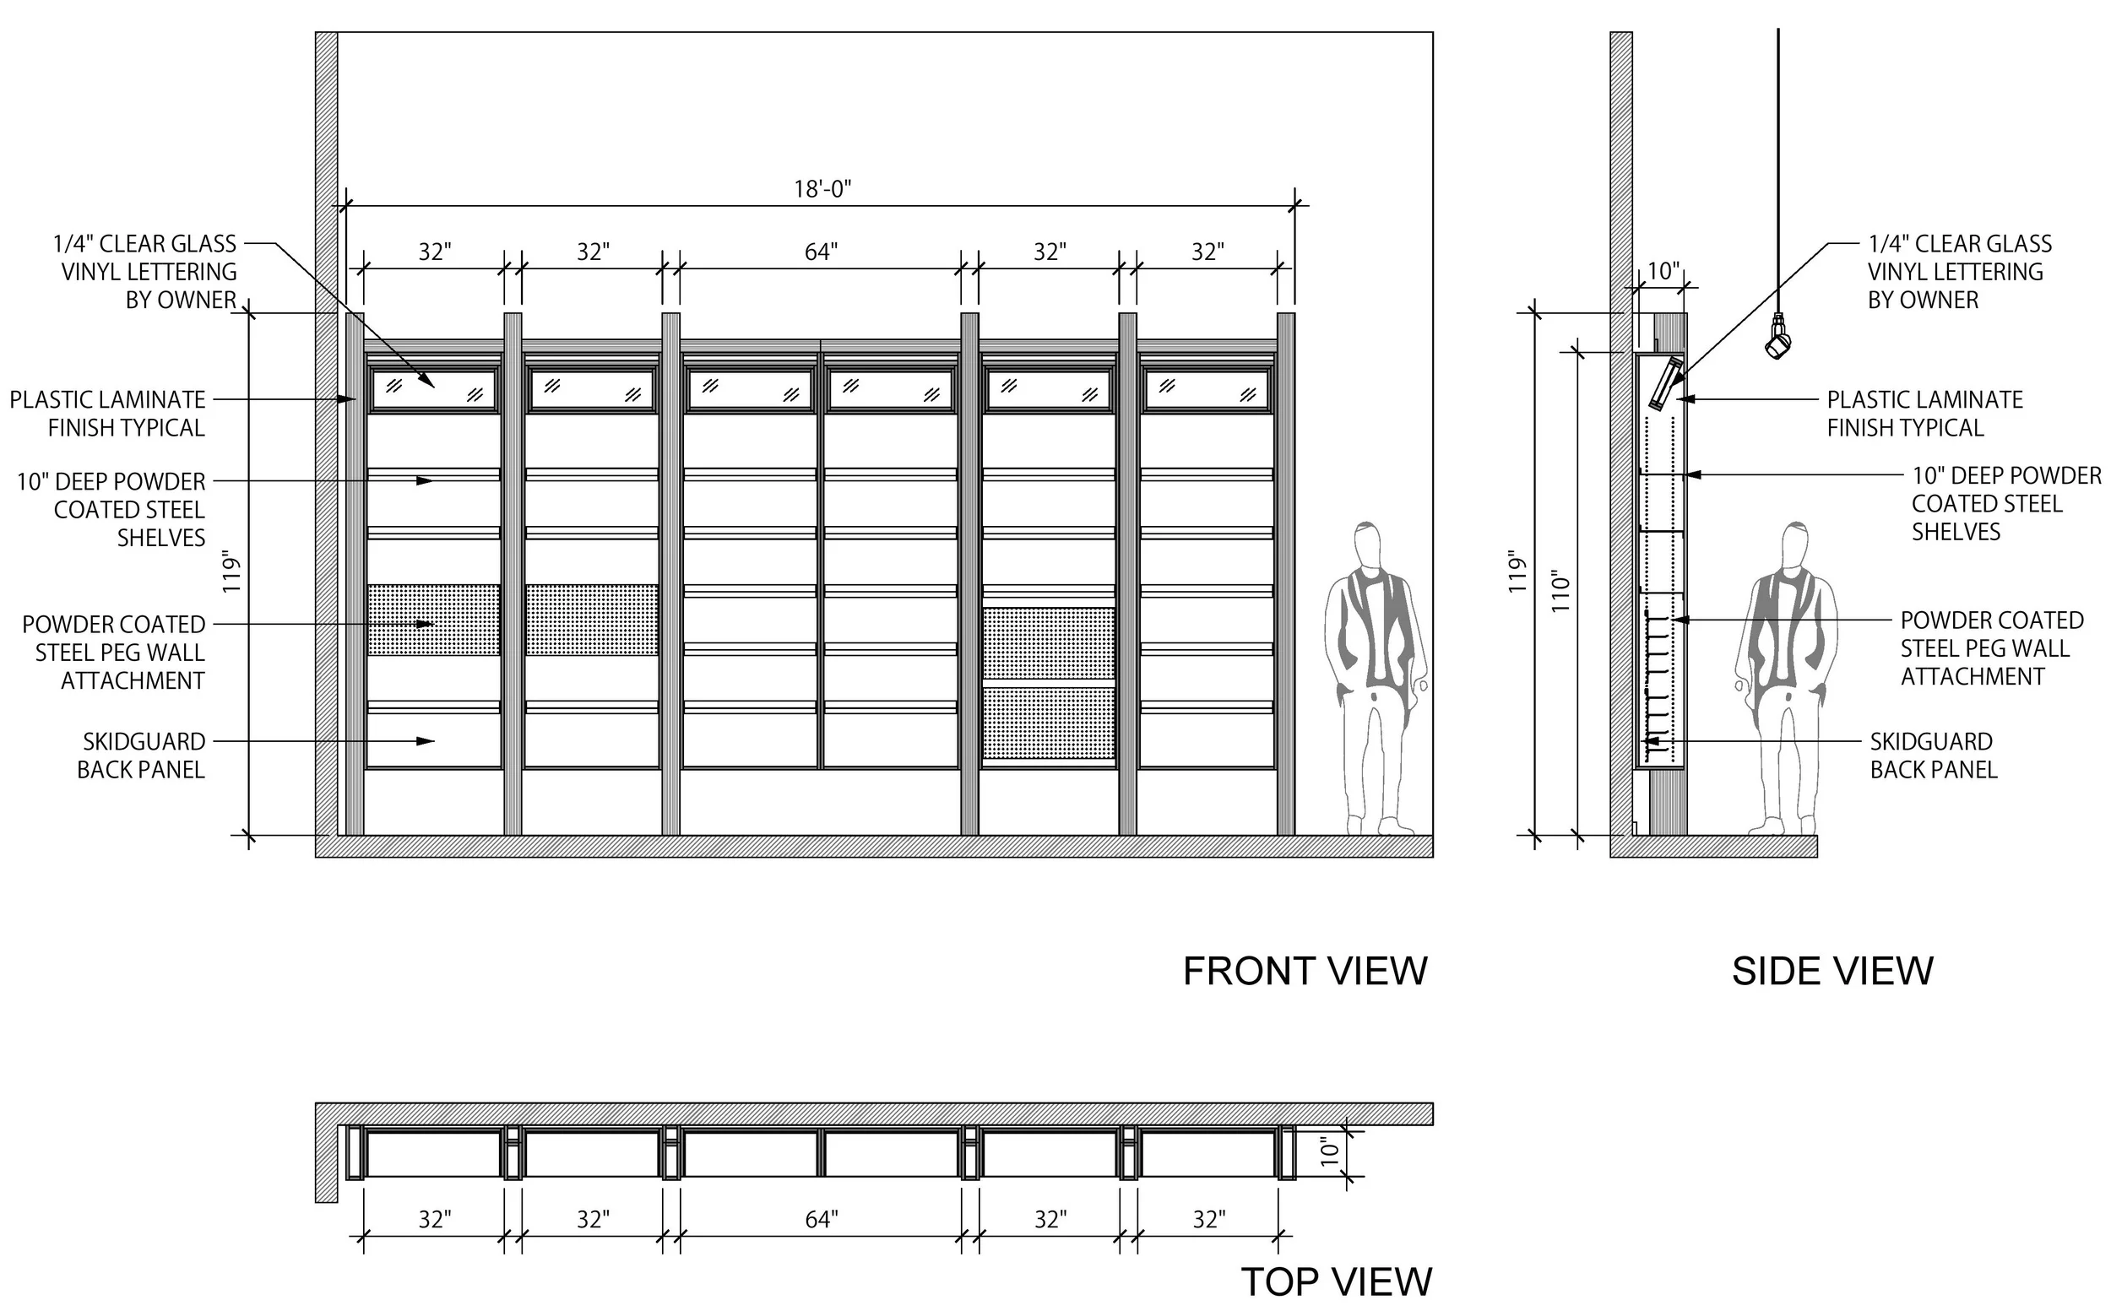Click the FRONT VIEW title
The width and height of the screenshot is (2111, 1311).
tap(1305, 971)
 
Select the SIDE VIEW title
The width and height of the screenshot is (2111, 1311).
tap(1832, 971)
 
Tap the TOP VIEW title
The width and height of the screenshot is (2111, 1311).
tap(1336, 1281)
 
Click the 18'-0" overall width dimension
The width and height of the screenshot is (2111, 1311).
tap(822, 189)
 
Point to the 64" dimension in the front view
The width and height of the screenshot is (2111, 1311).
tap(821, 252)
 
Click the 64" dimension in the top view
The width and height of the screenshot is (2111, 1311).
tap(821, 1220)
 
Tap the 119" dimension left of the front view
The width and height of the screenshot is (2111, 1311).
tap(231, 572)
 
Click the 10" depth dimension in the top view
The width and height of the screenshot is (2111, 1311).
tap(1330, 1152)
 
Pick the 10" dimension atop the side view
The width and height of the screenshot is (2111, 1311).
tap(1663, 271)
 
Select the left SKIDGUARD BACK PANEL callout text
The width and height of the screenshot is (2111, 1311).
tap(142, 756)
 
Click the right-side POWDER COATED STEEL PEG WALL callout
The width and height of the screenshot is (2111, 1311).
tap(1990, 648)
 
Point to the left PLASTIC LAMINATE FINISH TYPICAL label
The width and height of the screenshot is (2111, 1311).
tap(108, 414)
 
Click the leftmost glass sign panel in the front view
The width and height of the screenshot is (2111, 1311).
tap(434, 389)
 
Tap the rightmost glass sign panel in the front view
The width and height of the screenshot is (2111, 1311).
tap(1207, 389)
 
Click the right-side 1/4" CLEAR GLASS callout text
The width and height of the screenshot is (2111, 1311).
tap(1958, 271)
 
